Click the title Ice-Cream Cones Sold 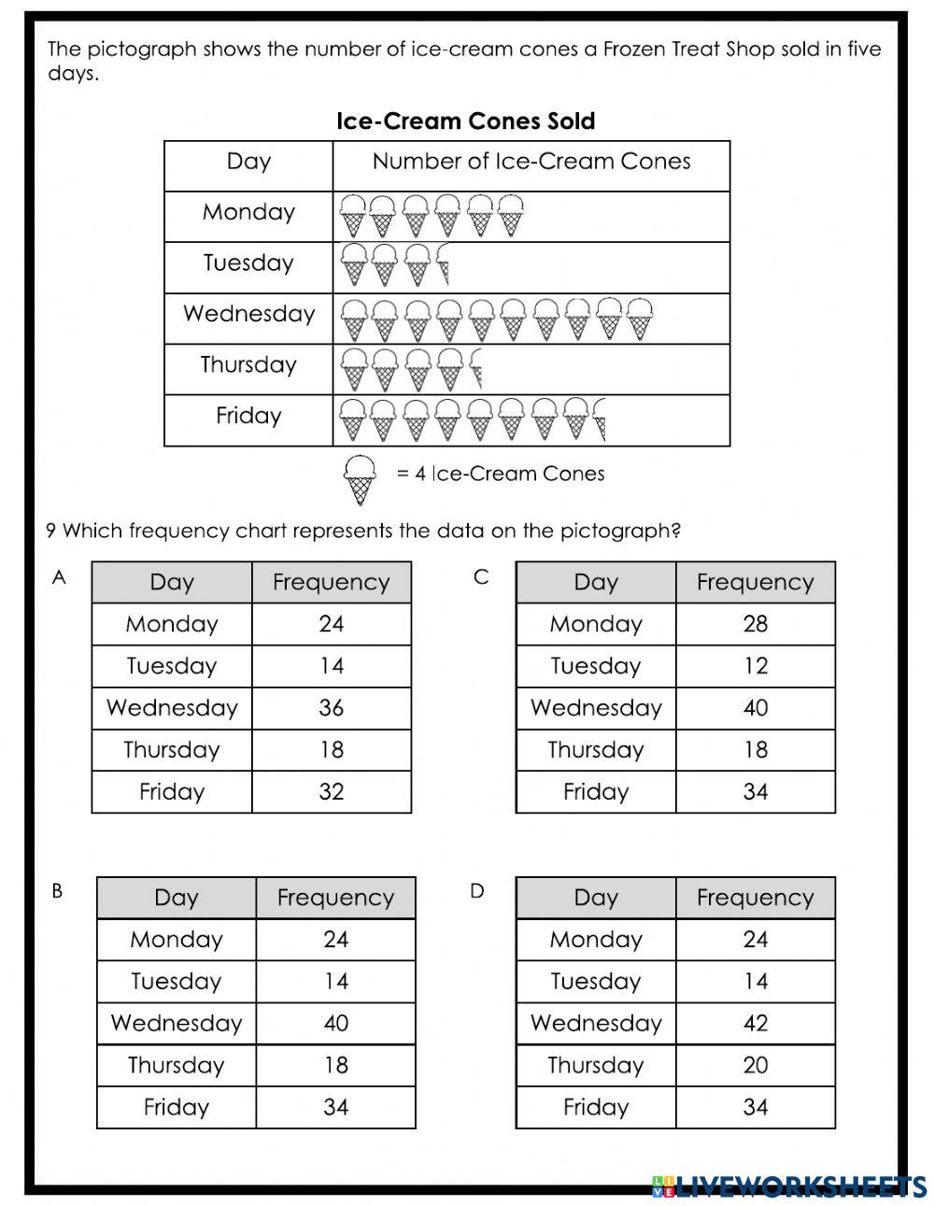[465, 121]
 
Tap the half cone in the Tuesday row [443, 265]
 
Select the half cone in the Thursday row [476, 367]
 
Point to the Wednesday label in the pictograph [248, 314]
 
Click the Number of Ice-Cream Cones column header [531, 162]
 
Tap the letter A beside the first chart [59, 578]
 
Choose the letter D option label [477, 891]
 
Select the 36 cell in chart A [331, 708]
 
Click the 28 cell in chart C [755, 624]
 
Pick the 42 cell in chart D [755, 1023]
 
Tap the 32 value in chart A [331, 792]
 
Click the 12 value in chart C [755, 666]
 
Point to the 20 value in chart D [755, 1065]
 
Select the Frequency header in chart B [335, 898]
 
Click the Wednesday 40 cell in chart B [335, 1023]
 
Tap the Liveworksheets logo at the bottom [789, 1185]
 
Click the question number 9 [50, 532]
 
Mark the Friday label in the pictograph [248, 416]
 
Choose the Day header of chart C [596, 582]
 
